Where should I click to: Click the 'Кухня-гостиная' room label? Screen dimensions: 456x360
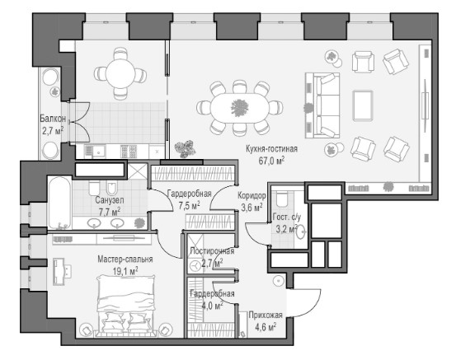tap(271, 149)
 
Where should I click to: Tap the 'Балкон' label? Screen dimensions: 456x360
tap(53, 119)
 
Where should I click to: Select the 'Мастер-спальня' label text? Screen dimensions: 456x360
tap(125, 259)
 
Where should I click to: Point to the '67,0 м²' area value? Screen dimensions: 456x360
tap(271, 161)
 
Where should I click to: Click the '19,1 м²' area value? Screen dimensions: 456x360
tap(125, 271)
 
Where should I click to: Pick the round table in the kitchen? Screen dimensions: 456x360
tap(120, 74)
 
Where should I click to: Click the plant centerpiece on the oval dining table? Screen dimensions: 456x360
tap(240, 108)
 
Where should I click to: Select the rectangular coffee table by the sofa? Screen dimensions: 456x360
tap(363, 105)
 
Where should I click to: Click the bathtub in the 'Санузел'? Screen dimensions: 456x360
tap(59, 203)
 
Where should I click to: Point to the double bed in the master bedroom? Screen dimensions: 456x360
tap(125, 306)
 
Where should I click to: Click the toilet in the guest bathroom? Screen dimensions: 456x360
tap(281, 198)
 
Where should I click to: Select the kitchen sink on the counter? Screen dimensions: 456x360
tap(99, 151)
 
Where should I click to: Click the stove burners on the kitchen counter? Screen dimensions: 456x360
tap(129, 151)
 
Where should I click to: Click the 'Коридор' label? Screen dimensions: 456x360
tap(252, 196)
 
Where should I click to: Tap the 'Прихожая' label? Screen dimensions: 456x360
tap(266, 316)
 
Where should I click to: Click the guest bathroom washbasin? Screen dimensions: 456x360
tap(301, 231)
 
